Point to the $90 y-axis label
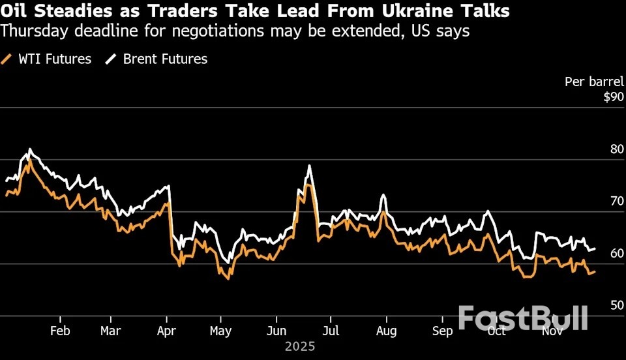(x=613, y=97)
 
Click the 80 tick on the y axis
(x=616, y=149)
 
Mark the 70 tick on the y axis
(x=616, y=202)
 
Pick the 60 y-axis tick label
(x=616, y=254)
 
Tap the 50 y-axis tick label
(x=616, y=306)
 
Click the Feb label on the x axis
(x=60, y=331)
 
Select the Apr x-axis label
(x=168, y=331)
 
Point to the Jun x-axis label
(x=276, y=331)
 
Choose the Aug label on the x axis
(x=387, y=331)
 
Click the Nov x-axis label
(x=553, y=331)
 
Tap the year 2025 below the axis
(x=300, y=346)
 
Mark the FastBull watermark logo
(x=523, y=317)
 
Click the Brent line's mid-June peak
(x=309, y=166)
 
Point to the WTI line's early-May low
(x=228, y=278)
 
